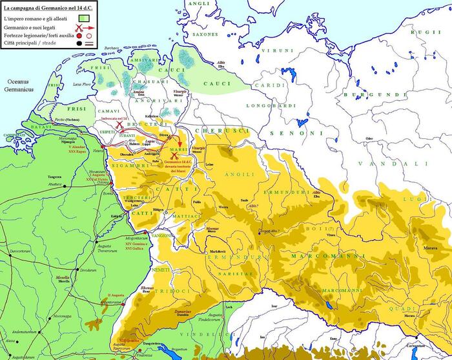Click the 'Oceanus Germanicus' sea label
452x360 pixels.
tap(21, 86)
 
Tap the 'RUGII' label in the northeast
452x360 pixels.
tap(427, 32)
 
